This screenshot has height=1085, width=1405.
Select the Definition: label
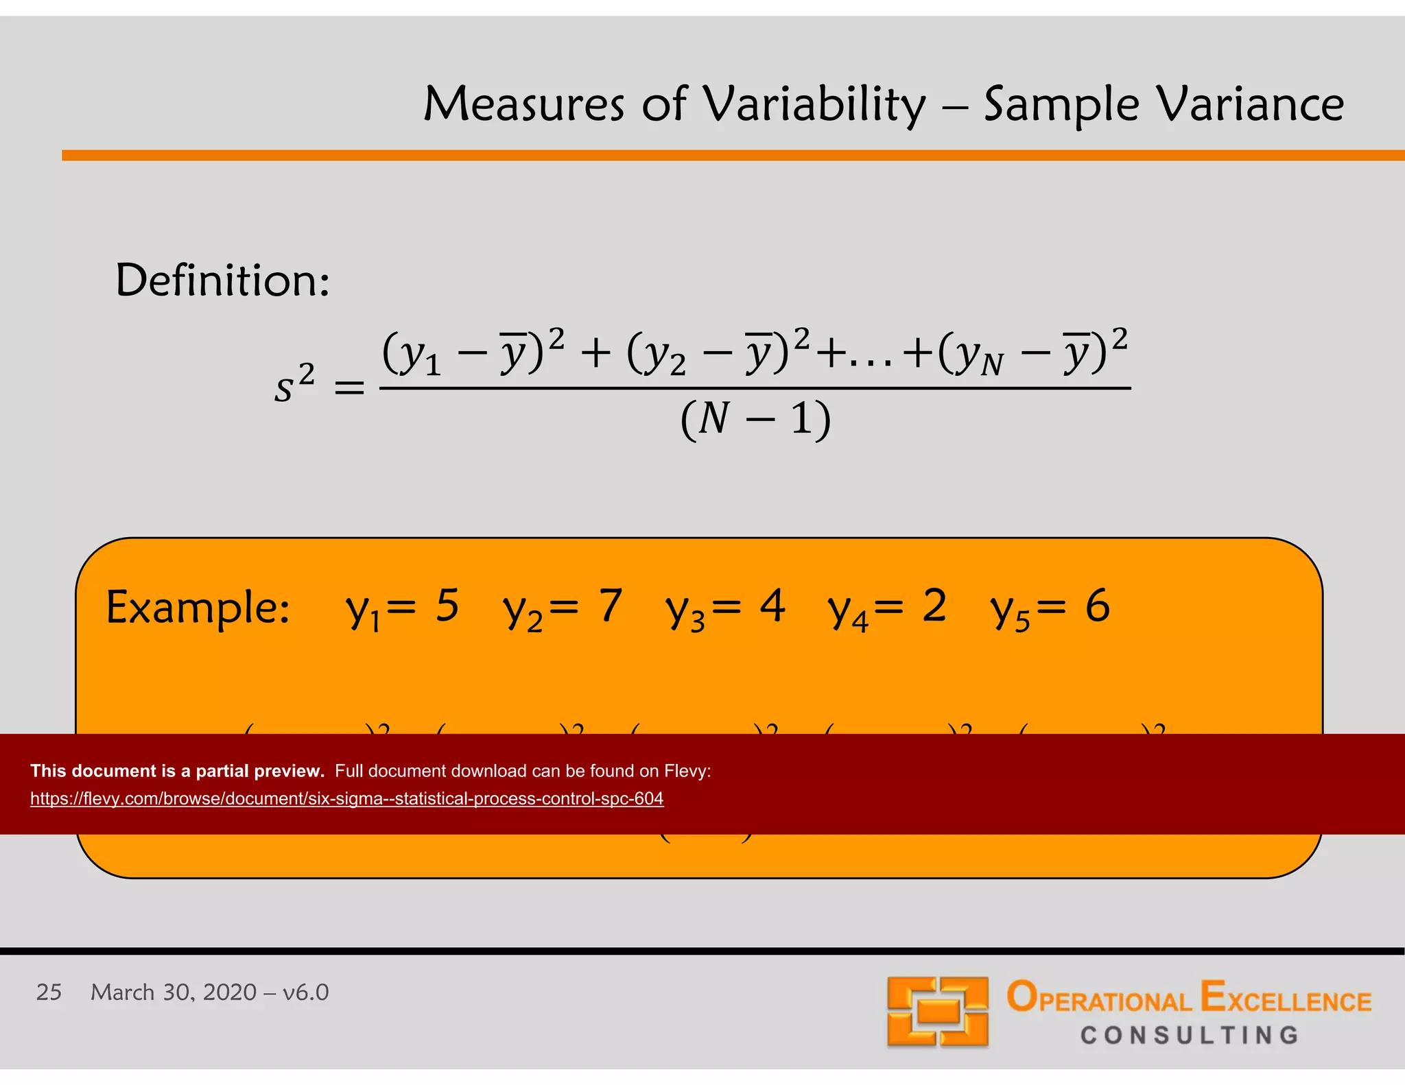(222, 281)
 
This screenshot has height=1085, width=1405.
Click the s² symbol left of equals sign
(294, 384)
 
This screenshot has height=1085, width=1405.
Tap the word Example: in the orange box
(198, 608)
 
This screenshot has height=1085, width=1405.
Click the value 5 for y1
(447, 606)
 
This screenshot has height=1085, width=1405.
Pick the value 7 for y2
(610, 606)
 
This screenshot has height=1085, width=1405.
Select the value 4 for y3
(772, 606)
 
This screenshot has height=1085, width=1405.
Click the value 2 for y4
(934, 606)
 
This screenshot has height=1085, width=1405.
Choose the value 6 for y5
(1097, 606)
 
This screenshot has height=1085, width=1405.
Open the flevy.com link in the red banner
(346, 798)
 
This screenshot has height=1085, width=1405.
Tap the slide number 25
(49, 992)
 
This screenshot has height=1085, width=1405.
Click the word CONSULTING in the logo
(1189, 1035)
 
